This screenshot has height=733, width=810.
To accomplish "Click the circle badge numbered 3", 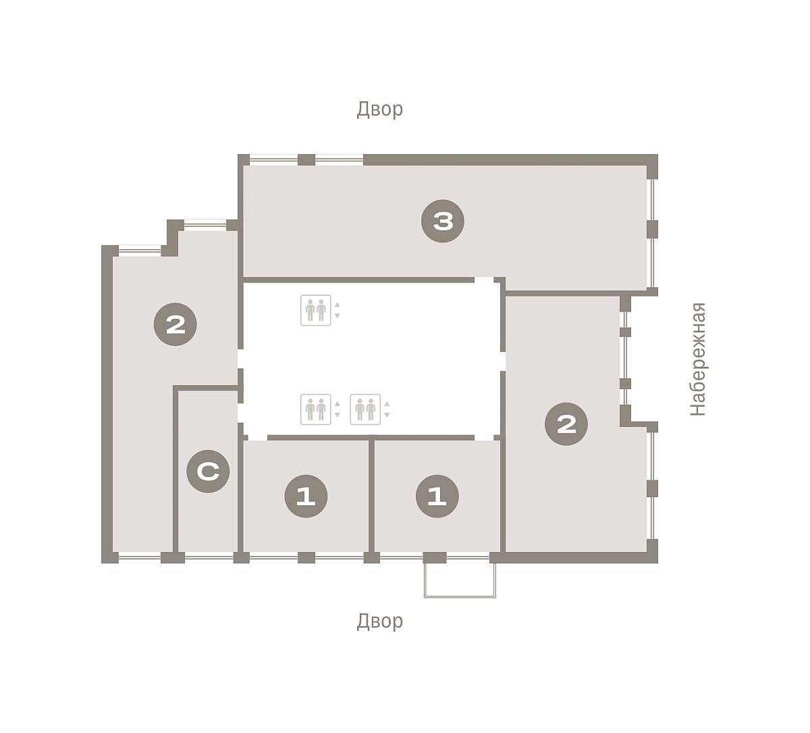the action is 443,221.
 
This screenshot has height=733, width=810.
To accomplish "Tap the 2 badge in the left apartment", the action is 175,324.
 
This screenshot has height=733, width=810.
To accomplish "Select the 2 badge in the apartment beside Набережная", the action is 566,424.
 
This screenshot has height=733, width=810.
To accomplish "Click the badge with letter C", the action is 208,471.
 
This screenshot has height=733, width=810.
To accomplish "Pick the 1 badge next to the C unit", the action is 306,496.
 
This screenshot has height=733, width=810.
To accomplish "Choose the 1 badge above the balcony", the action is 437,496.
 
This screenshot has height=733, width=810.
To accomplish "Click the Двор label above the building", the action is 379,109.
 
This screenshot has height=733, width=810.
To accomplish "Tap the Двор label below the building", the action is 379,622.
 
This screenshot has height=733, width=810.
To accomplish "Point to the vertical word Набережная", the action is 698,359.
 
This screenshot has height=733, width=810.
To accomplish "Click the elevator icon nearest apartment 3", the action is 316,310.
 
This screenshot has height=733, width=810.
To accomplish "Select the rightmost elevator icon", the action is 365,409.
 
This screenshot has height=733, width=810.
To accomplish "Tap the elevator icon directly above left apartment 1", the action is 316,409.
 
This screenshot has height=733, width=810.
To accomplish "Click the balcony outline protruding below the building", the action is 460,597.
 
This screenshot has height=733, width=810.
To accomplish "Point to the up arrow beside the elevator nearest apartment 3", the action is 337,305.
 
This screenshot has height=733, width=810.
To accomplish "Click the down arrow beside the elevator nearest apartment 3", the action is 337,315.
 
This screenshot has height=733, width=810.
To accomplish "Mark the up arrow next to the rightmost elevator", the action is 387,404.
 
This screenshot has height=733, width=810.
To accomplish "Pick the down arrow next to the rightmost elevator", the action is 387,415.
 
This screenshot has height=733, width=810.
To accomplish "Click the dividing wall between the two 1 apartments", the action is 371,496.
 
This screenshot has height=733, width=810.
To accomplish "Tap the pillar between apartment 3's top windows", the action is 306,159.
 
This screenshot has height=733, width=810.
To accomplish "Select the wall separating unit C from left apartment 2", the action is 175,469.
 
